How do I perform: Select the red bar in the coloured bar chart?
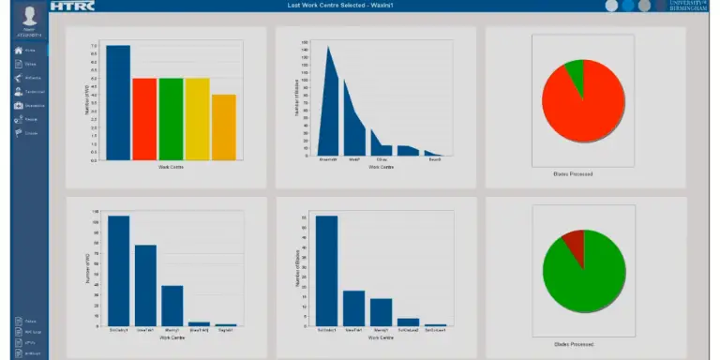[143, 119]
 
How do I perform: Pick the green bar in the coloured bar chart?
[171, 119]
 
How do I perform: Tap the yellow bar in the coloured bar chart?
[197, 119]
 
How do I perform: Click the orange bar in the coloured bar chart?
[223, 127]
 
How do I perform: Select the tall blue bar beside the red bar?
[117, 103]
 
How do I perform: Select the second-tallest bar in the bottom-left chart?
[145, 285]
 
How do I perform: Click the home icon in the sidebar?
[19, 50]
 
